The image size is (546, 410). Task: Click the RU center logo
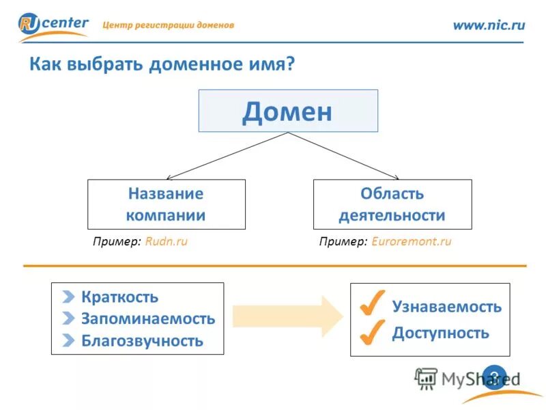(53, 26)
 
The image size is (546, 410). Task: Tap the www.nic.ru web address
(489, 25)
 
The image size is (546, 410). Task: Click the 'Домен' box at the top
(287, 111)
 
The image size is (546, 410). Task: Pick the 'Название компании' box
(166, 204)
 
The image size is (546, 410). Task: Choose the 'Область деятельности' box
(392, 204)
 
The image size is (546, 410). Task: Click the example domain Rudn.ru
(166, 242)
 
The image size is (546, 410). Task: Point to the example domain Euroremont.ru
(412, 242)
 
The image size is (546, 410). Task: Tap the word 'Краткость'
(119, 297)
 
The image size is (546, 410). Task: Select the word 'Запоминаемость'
(147, 318)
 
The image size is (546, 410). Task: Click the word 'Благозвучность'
(142, 340)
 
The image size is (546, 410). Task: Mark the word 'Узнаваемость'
(446, 307)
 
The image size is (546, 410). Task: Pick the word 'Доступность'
(440, 333)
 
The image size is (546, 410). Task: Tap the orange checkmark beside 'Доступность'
(371, 332)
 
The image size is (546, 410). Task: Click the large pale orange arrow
(287, 316)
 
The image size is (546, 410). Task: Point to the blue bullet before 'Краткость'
(68, 297)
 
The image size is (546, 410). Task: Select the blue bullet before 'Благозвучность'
(68, 340)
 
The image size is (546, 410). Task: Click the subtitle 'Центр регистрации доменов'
(168, 25)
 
